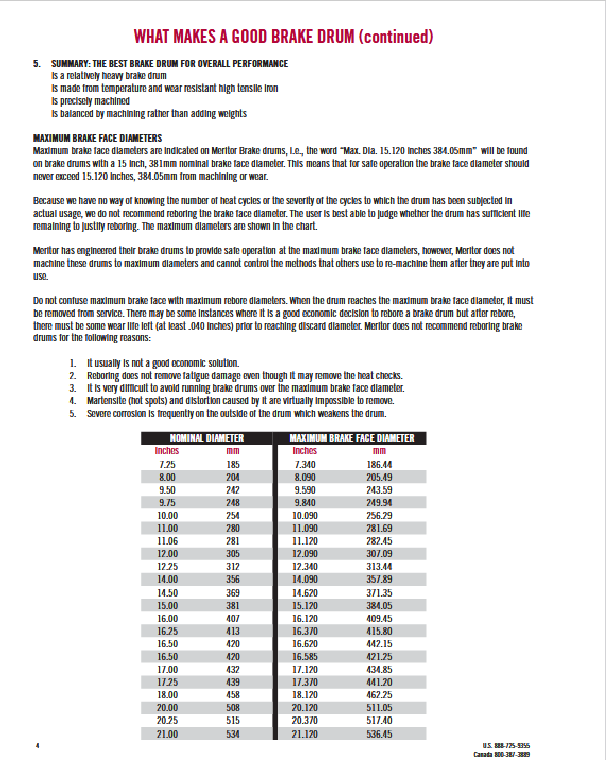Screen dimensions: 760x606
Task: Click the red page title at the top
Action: point(283,37)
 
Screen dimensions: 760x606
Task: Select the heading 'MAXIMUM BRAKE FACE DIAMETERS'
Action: point(98,139)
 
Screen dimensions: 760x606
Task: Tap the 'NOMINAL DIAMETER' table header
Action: point(206,438)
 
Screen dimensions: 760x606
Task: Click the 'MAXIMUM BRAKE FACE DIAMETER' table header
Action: point(351,438)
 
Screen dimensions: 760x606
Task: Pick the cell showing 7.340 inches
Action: point(305,465)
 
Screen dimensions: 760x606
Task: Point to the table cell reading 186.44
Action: point(379,465)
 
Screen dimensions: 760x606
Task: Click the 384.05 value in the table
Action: point(379,606)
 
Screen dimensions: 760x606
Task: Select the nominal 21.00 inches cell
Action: point(167,734)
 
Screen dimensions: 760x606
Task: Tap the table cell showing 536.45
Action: point(379,734)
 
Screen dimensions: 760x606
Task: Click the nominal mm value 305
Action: point(232,554)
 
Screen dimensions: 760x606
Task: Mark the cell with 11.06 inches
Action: point(167,541)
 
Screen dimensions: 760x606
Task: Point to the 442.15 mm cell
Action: point(379,644)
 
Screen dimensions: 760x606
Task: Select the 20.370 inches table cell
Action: point(305,721)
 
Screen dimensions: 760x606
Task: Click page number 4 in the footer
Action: point(37,746)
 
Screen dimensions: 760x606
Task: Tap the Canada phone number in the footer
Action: point(501,754)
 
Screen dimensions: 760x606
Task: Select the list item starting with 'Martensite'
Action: point(240,401)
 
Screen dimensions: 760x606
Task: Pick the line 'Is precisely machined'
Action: point(91,101)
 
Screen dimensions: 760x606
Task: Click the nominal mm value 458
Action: point(232,695)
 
